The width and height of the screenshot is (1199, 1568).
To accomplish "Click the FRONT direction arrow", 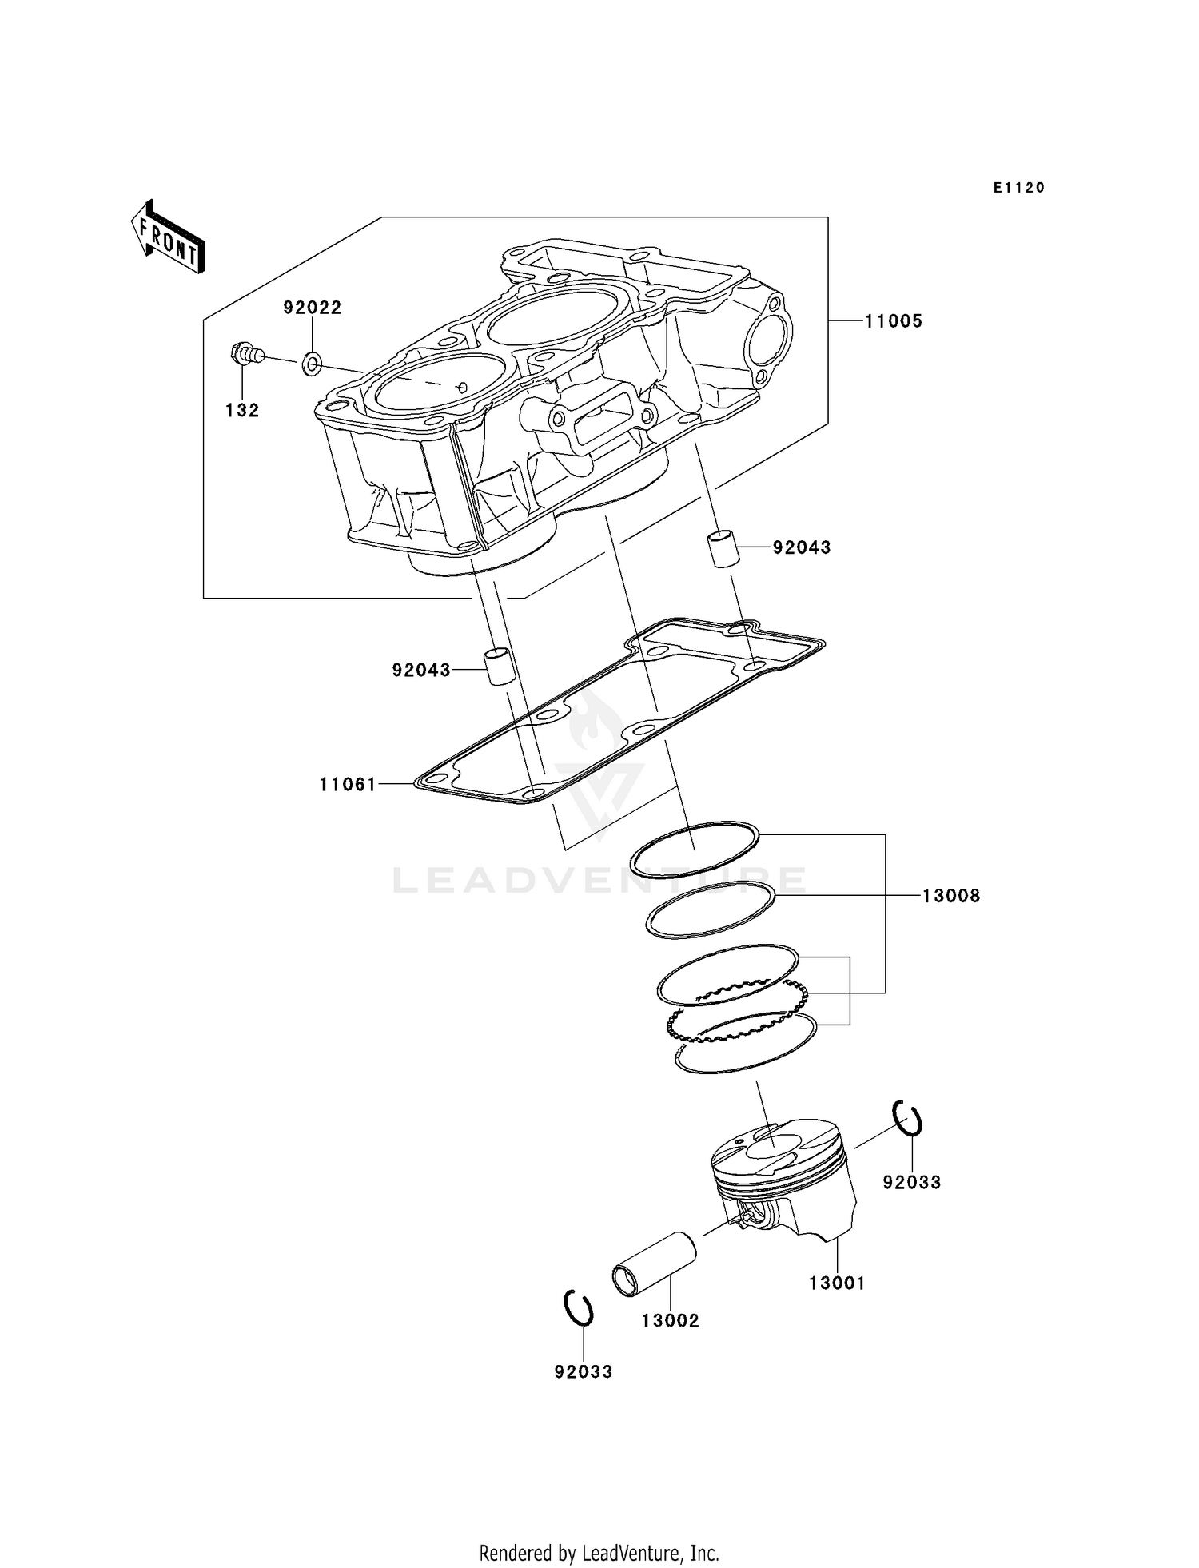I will pyautogui.click(x=168, y=237).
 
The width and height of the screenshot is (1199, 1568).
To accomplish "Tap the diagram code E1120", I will pyautogui.click(x=1019, y=188).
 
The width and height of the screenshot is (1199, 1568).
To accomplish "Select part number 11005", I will pyautogui.click(x=894, y=321).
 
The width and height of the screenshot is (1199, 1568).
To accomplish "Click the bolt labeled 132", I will pyautogui.click(x=245, y=352).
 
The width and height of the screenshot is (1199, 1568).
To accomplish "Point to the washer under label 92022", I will pyautogui.click(x=312, y=366).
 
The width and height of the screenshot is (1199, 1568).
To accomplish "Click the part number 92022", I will pyautogui.click(x=313, y=308).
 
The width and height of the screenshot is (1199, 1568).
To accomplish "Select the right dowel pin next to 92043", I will pyautogui.click(x=723, y=548).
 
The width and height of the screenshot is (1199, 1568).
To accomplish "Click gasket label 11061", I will pyautogui.click(x=348, y=785).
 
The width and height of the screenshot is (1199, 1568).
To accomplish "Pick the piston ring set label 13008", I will pyautogui.click(x=951, y=896).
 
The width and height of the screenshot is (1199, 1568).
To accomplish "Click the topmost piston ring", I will pyautogui.click(x=694, y=849).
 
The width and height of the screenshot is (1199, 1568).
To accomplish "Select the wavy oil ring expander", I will pyautogui.click(x=739, y=1012).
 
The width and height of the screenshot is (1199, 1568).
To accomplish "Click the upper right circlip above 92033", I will pyautogui.click(x=908, y=1117).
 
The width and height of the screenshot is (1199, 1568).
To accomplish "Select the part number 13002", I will pyautogui.click(x=670, y=1321).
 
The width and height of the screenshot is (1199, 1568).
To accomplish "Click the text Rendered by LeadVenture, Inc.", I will pyautogui.click(x=599, y=1553).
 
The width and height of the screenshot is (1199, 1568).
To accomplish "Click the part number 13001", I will pyautogui.click(x=837, y=1283).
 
